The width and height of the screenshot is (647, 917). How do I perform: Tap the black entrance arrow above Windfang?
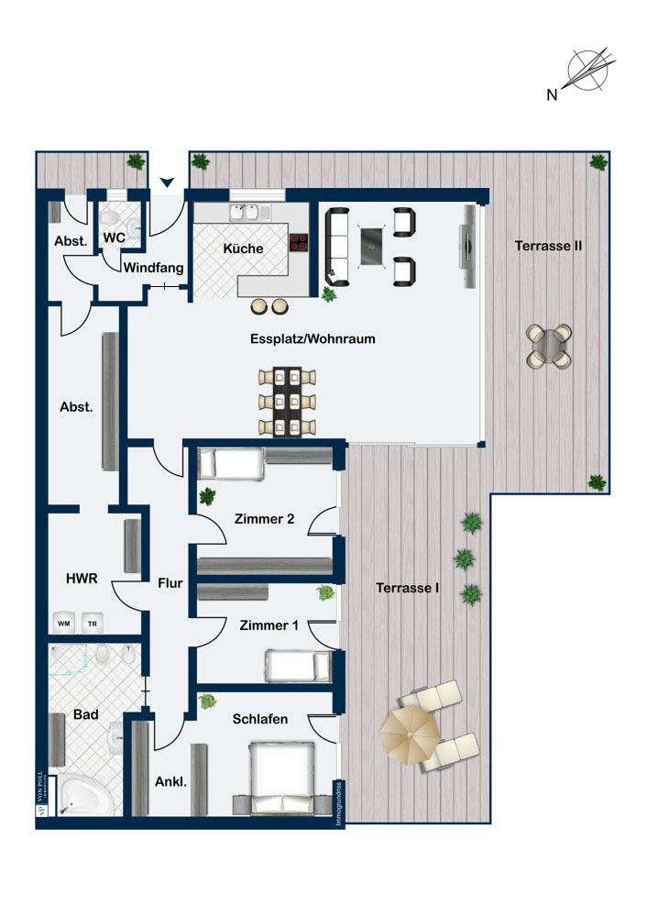(x=166, y=184)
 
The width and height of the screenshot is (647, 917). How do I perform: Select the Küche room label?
(x=243, y=249)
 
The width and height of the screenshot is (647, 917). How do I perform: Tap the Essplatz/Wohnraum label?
(x=313, y=338)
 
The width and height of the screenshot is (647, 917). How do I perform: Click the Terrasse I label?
(x=408, y=588)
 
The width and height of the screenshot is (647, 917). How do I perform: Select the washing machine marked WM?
(x=64, y=623)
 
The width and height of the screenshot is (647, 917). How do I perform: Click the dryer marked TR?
(x=93, y=623)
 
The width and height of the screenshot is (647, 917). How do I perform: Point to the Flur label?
(x=170, y=581)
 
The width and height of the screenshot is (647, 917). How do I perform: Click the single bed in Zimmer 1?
(x=297, y=665)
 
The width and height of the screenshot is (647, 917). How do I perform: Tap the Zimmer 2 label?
(x=264, y=519)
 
